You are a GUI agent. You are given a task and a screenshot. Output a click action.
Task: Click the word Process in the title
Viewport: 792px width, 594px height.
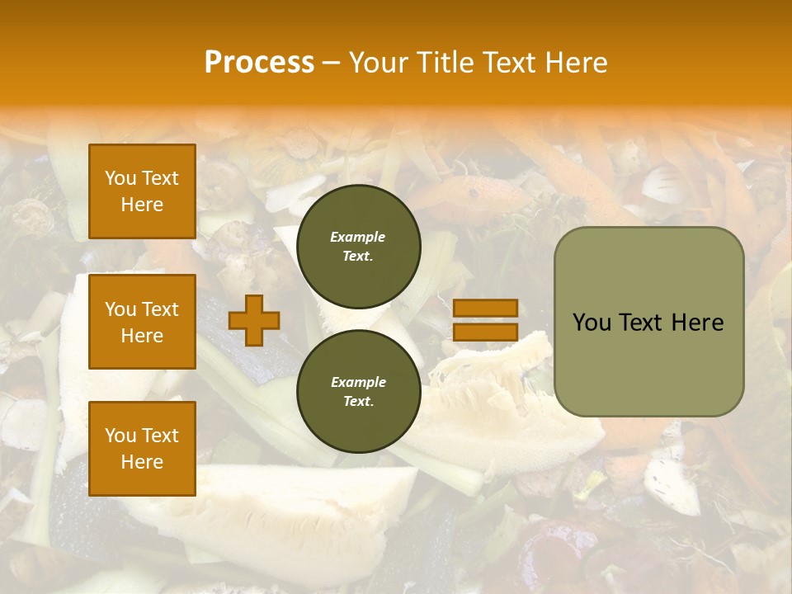259,62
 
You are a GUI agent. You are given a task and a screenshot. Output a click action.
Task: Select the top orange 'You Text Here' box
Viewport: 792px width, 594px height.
142,191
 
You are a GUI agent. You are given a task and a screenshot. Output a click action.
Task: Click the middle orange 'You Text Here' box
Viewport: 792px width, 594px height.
142,322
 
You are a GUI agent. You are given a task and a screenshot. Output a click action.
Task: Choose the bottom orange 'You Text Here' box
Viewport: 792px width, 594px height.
142,449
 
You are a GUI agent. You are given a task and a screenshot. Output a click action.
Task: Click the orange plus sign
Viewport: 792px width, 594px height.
254,320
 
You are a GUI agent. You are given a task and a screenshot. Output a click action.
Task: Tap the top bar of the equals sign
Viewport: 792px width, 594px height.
485,308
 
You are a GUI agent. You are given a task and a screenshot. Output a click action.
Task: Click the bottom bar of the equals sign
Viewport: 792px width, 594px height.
485,332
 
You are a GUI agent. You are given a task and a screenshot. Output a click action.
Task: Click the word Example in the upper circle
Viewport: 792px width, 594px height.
358,237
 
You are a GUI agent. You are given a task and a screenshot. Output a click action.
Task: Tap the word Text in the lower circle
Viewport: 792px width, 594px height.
358,402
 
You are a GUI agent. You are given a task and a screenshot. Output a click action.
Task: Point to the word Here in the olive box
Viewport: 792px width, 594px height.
697,323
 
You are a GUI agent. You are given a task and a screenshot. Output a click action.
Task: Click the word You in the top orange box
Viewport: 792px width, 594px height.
120,178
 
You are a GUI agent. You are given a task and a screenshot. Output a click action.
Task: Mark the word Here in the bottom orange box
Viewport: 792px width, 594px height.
142,462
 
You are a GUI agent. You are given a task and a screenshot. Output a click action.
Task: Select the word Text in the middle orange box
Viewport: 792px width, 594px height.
160,309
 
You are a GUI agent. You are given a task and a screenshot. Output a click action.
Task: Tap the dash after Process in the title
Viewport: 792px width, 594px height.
331,63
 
